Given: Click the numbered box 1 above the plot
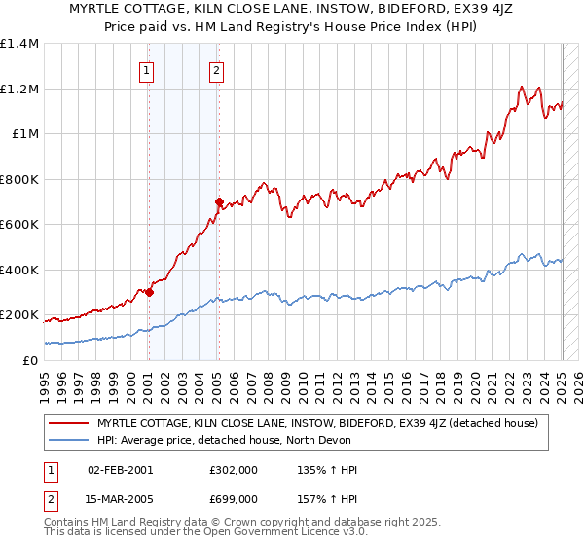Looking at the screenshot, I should coord(146,69).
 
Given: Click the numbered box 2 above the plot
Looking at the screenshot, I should coord(215,69).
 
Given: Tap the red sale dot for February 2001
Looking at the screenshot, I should coord(149,292).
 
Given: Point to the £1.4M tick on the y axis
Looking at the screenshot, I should coord(19,44).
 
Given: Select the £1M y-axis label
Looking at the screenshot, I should coord(24,134).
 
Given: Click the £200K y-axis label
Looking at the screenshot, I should coord(19,315).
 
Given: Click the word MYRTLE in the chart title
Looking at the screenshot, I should coord(96,10).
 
